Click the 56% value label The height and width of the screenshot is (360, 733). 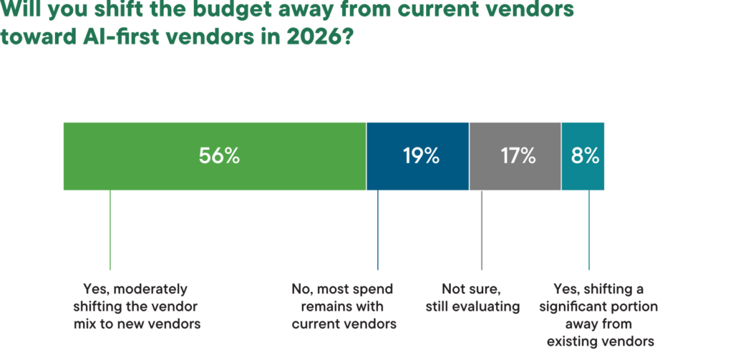point(219,156)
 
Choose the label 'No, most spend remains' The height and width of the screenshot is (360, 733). point(342,306)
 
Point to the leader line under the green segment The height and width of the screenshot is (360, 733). point(110,229)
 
